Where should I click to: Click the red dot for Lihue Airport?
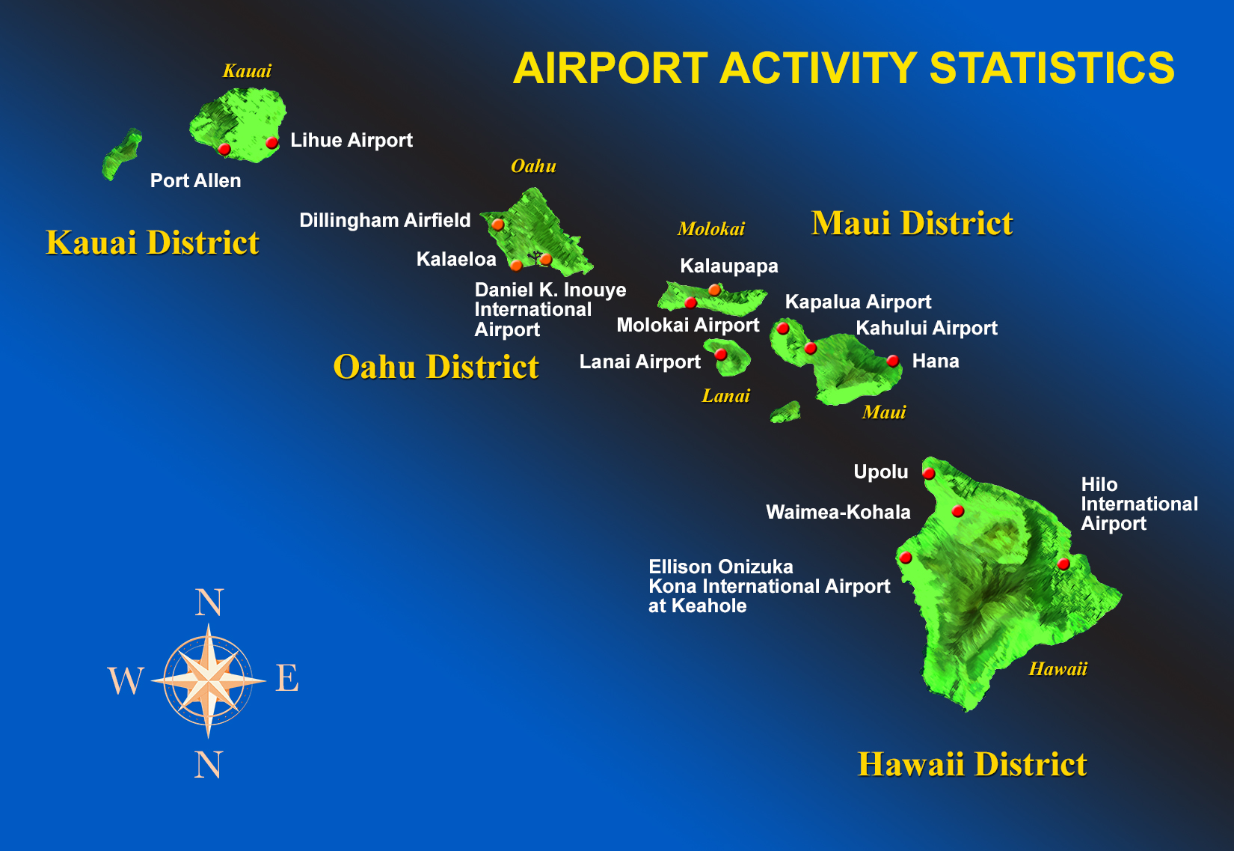pos(271,143)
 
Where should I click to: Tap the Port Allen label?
pos(195,180)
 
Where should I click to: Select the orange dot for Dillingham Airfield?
pos(498,225)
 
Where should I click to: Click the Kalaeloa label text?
pos(456,259)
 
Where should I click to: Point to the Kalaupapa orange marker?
pos(714,290)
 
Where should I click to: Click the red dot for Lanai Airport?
pos(720,355)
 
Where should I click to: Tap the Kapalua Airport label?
pos(858,302)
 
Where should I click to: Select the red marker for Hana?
pos(893,361)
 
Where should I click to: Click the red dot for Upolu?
pos(929,474)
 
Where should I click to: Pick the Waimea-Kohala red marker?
pos(958,511)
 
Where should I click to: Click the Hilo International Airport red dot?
pos(1063,564)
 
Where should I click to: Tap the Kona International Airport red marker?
pos(906,558)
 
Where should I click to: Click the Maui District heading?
pos(912,223)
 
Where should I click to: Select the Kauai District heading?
pos(153,243)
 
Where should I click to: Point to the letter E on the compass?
pos(287,677)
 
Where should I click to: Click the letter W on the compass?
pos(126,680)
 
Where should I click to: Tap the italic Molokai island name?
pos(711,229)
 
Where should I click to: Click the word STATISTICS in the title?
pos(1052,68)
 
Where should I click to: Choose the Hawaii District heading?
pos(972,764)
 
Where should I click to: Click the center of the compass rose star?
pos(208,680)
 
